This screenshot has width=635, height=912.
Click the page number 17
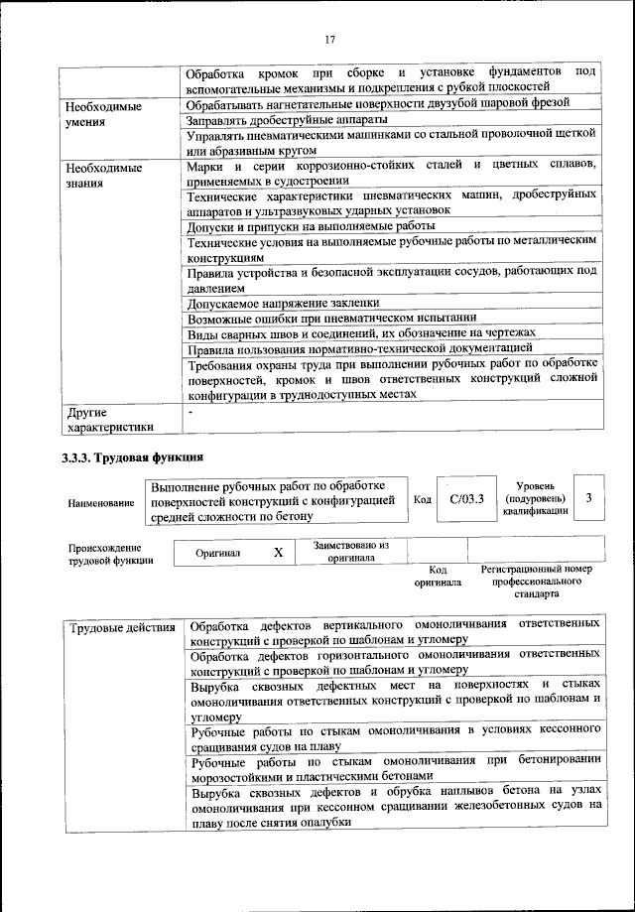point(328,40)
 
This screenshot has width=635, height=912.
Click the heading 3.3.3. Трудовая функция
point(132,457)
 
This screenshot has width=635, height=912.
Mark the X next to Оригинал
point(279,552)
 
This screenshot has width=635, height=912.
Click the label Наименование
point(101,504)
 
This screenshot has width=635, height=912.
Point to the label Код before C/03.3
point(421,499)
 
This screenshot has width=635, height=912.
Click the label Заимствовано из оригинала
point(350,551)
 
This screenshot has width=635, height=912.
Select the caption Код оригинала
point(438,576)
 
